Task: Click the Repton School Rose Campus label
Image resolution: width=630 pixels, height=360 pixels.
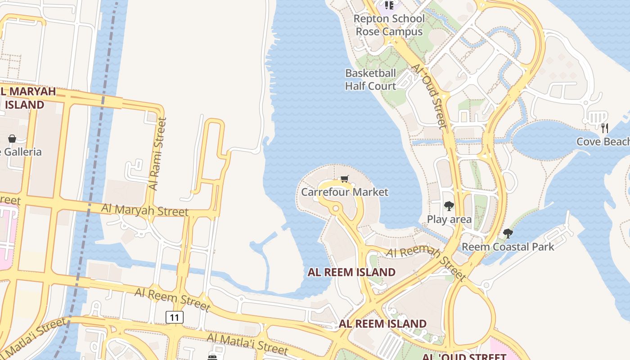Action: (389, 25)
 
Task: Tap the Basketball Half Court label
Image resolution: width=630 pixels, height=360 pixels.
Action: (370, 80)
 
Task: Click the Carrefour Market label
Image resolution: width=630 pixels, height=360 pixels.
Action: (344, 192)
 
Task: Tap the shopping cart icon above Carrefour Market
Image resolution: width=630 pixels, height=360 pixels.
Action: (345, 179)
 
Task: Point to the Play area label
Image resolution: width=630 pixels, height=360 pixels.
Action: (449, 220)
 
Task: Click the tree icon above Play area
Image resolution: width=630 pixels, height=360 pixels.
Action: (449, 207)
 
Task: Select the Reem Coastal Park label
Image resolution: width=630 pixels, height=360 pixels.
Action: (508, 247)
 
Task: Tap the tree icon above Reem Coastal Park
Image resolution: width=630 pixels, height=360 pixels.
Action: (508, 234)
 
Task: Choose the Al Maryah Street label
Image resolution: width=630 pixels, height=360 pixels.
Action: (144, 210)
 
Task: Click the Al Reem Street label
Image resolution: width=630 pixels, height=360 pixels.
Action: (172, 299)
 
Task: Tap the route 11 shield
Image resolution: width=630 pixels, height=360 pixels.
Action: (175, 317)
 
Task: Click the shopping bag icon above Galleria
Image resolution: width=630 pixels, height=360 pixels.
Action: (12, 139)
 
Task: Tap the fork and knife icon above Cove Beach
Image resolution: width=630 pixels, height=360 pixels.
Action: (605, 128)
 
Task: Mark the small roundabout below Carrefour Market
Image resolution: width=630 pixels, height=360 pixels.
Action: (335, 209)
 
